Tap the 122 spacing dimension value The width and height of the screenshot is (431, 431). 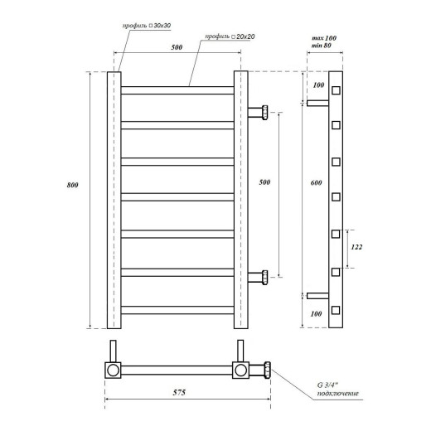coord(357,247)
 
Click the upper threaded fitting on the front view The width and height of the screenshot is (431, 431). coord(262,112)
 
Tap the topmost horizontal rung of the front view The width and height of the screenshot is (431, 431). coord(177,86)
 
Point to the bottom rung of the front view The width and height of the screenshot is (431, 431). coord(177,308)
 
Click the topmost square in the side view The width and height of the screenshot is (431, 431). coord(337,90)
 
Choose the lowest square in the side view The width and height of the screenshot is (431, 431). coord(337,310)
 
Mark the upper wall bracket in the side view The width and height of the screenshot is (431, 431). coord(317,104)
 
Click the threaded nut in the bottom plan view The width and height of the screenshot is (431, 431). coord(268,369)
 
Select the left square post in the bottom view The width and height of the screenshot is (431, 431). coord(111,369)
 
